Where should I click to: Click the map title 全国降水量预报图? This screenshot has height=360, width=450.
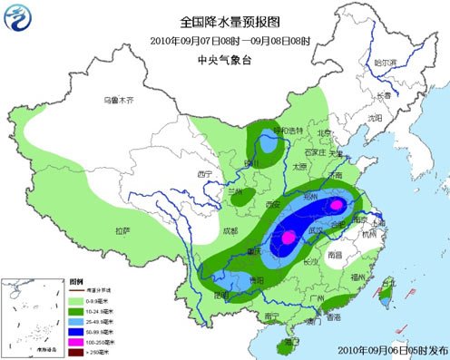229,22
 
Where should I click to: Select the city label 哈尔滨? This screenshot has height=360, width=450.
386,62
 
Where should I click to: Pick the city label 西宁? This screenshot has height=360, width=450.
203,172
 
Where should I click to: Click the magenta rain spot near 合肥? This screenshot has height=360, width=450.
337,206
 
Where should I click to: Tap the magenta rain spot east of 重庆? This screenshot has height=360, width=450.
288,238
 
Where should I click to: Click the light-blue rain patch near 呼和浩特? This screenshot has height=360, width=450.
268,142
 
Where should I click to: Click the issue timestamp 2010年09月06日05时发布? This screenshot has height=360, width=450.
393,348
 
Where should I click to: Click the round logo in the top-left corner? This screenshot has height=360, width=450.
18,19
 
